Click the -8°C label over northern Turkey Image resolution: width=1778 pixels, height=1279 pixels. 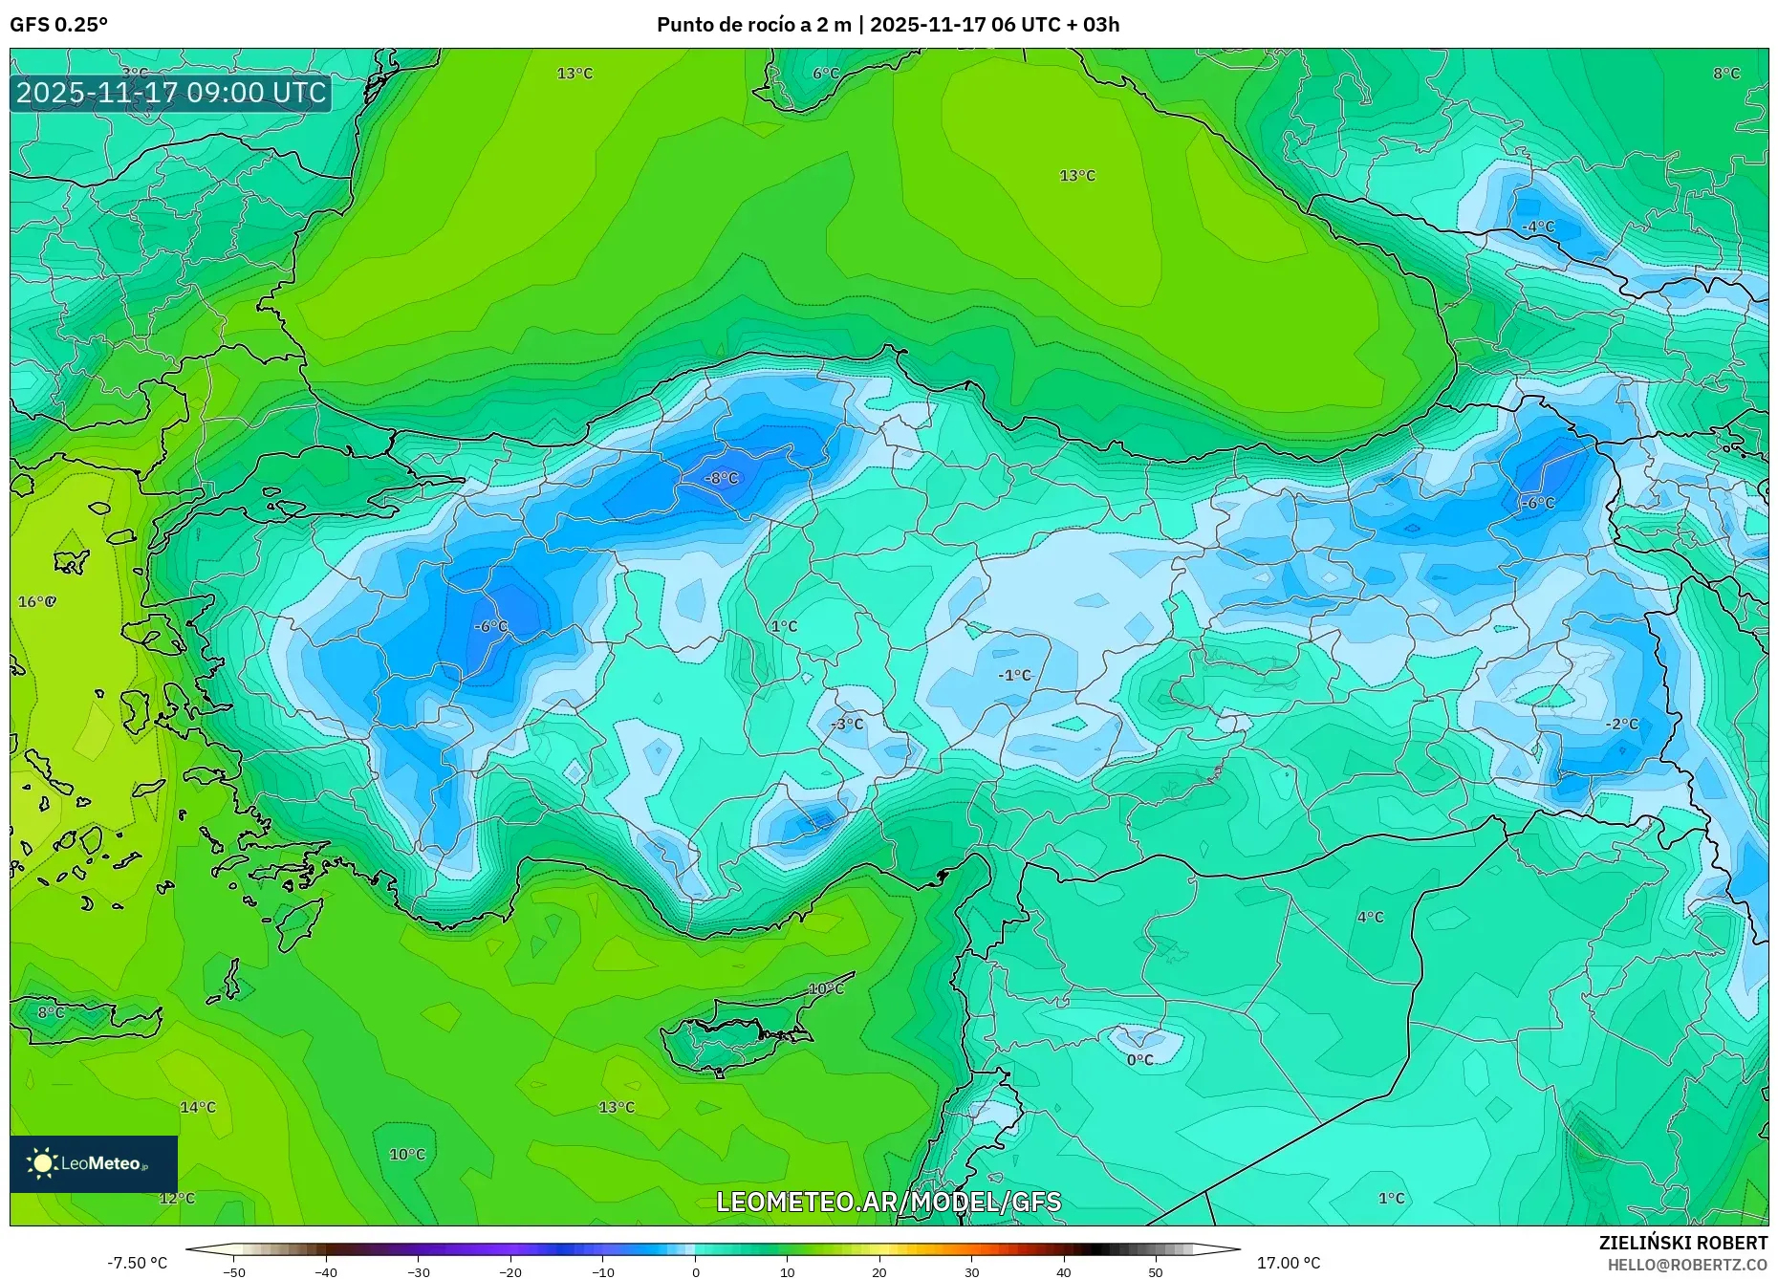(722, 478)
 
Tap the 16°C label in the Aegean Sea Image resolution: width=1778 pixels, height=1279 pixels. (36, 601)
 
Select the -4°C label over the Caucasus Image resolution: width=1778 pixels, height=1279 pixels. (1538, 227)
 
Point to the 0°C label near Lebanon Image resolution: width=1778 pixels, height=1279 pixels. (1139, 1059)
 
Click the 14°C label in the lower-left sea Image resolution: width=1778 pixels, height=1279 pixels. (198, 1107)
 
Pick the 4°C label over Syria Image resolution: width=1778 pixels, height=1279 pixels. (1370, 917)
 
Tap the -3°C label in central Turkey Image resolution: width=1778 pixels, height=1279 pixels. (846, 724)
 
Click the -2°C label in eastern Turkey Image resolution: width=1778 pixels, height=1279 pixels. (1621, 724)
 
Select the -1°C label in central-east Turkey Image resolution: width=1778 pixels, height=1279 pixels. (1014, 675)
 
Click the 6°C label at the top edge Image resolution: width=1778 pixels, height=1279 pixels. (826, 74)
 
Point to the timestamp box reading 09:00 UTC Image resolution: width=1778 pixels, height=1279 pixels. (171, 93)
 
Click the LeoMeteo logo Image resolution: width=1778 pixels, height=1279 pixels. (93, 1163)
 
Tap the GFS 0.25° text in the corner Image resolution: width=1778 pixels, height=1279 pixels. (58, 25)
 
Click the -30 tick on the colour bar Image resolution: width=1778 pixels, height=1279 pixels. (419, 1271)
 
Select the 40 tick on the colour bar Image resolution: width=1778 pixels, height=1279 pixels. (1064, 1271)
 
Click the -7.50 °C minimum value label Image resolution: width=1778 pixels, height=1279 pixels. (137, 1263)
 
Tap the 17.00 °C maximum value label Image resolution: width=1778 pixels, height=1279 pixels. (1288, 1263)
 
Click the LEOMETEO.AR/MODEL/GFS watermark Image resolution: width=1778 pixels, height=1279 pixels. (888, 1202)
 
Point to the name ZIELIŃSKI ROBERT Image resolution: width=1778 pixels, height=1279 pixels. (1682, 1243)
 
